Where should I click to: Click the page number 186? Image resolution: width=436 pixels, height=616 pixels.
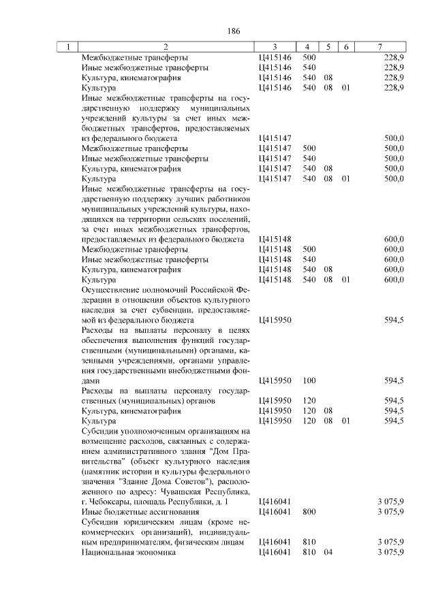232,31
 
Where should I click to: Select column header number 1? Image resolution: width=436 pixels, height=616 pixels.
67,47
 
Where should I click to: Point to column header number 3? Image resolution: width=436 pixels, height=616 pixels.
274,47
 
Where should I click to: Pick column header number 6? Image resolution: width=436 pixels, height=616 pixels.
345,47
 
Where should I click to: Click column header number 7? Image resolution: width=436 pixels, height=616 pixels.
380,47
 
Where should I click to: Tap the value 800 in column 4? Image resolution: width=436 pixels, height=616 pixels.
309,511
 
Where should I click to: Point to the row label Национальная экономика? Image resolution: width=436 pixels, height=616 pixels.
128,553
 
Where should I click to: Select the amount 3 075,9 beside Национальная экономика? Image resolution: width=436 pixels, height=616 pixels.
391,553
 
